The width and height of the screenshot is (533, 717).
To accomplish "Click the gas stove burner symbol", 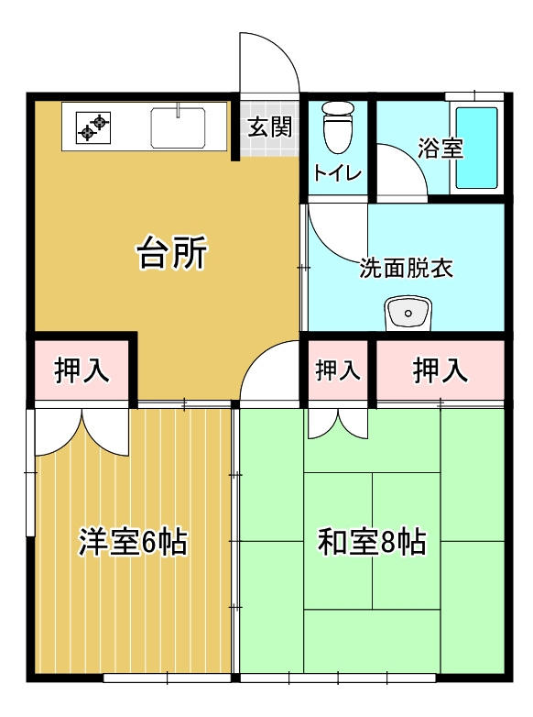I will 93,127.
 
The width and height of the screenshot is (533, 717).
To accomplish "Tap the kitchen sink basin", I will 178,127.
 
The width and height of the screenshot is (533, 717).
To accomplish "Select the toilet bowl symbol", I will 338,128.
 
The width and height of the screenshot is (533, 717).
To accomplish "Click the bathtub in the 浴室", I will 476,148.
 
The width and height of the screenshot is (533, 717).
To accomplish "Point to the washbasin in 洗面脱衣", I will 407,314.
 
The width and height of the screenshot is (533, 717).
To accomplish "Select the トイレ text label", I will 338,172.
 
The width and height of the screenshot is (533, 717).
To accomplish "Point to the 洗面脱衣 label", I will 406,269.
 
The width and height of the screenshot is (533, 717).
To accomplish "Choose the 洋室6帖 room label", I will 133,542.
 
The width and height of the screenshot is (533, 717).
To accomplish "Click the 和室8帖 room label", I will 372,542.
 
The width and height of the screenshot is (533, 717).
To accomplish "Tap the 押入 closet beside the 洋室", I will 82,371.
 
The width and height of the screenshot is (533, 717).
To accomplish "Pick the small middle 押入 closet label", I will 338,371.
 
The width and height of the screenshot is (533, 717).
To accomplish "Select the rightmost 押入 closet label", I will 441,371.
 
